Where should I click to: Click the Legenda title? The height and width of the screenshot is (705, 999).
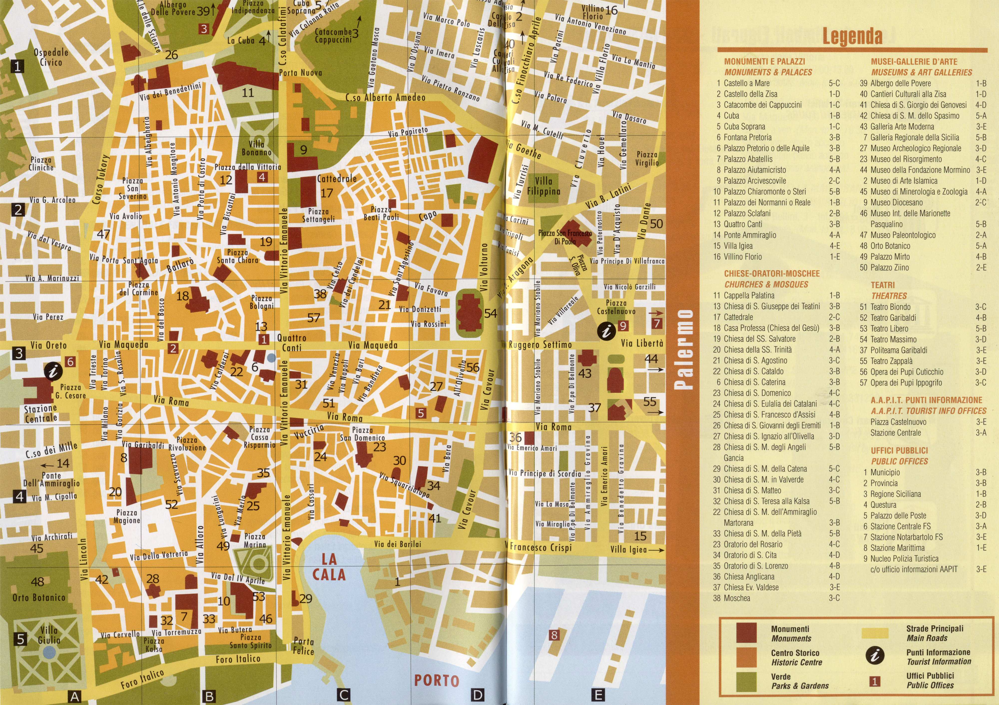coord(852,36)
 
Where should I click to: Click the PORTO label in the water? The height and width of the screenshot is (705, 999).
coord(436,681)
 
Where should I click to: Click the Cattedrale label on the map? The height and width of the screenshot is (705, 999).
coord(337,178)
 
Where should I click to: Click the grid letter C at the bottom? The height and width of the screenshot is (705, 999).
coord(344,695)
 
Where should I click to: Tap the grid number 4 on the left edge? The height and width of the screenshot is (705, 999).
coord(19,496)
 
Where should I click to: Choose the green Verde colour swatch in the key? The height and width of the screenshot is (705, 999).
coord(746,681)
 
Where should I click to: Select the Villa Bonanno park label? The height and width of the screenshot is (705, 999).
coord(257,148)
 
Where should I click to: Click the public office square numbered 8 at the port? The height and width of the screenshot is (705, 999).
coord(554,635)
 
